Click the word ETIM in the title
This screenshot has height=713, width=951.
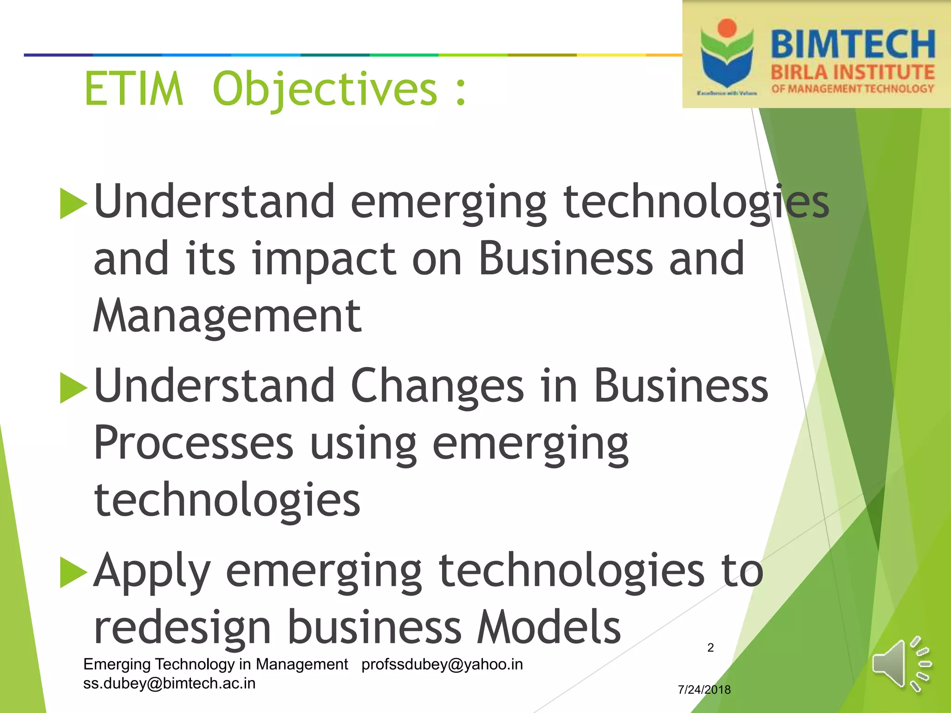coord(134,89)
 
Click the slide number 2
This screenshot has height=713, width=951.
coord(710,648)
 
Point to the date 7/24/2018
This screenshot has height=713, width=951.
coord(704,690)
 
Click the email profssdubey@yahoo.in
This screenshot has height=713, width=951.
coord(442,664)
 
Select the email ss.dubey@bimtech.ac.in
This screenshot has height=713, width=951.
coord(169,683)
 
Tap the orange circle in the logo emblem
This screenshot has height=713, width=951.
coord(727,28)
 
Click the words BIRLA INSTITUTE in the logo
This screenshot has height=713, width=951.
coord(853,72)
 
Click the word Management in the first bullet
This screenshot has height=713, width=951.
coord(227,317)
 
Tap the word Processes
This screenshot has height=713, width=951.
coord(194,444)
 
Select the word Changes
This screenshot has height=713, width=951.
coord(437,386)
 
